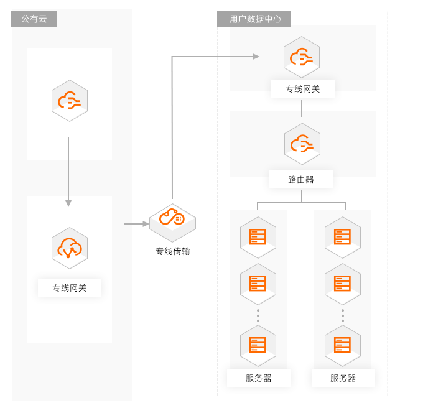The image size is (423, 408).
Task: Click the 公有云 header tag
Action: coord(34,19)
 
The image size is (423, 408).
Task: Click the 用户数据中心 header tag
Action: coord(254,19)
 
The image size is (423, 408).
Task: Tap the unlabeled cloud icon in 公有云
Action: coord(70,100)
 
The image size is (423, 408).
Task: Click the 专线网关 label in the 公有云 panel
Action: coord(70,288)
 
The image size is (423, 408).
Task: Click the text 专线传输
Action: coord(173,251)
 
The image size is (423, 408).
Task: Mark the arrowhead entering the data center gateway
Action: coord(256,57)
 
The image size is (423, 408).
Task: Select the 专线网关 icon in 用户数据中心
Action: coord(302,57)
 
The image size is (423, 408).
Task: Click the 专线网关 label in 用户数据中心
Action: coord(303,89)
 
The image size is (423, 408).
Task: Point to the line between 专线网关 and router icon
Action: coord(302,108)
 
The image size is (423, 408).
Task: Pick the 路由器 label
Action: coord(301,180)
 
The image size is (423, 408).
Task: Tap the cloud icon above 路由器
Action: coord(302,144)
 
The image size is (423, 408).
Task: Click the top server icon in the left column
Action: coord(258,237)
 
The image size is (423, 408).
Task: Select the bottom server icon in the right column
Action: coord(343,345)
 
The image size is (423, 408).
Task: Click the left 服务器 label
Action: coord(259,378)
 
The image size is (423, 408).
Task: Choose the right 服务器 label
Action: coord(343,378)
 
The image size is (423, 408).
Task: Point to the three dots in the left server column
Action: coord(258,315)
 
